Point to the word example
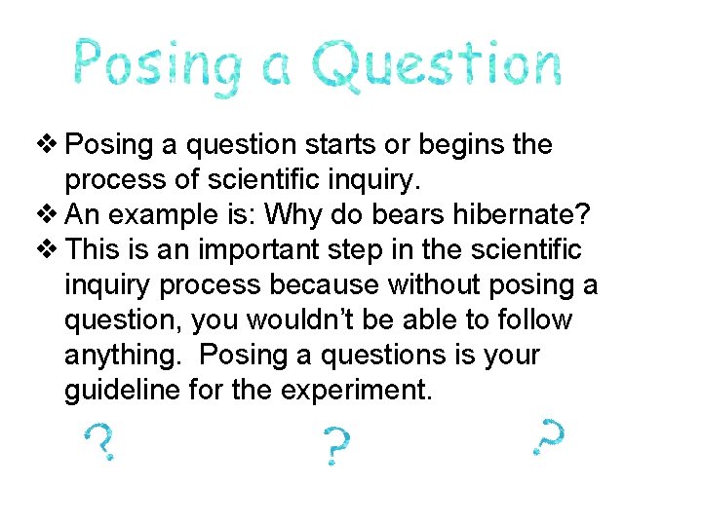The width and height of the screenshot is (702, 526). tap(170, 215)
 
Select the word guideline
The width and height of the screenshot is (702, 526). tap(123, 391)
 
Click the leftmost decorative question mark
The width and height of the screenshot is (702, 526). tap(101, 442)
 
